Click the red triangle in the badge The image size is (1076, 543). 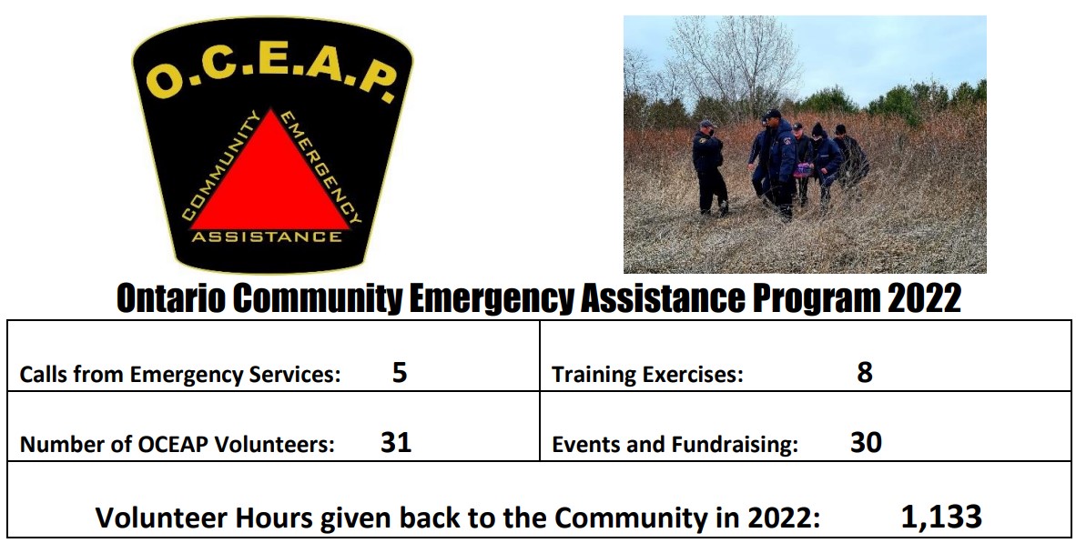coord(270,182)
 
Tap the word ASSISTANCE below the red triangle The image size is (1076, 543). coord(267,237)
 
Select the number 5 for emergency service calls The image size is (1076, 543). coord(400,372)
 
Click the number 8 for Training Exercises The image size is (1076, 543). coord(865,372)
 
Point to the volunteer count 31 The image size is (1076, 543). coord(396,442)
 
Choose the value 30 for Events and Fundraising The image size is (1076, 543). coord(866,442)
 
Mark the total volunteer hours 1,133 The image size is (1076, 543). coord(940,517)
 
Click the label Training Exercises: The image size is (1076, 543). coord(647,375)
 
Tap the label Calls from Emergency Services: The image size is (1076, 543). coord(180,375)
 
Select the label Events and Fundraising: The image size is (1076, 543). coord(675,445)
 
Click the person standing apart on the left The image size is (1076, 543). coord(709,166)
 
